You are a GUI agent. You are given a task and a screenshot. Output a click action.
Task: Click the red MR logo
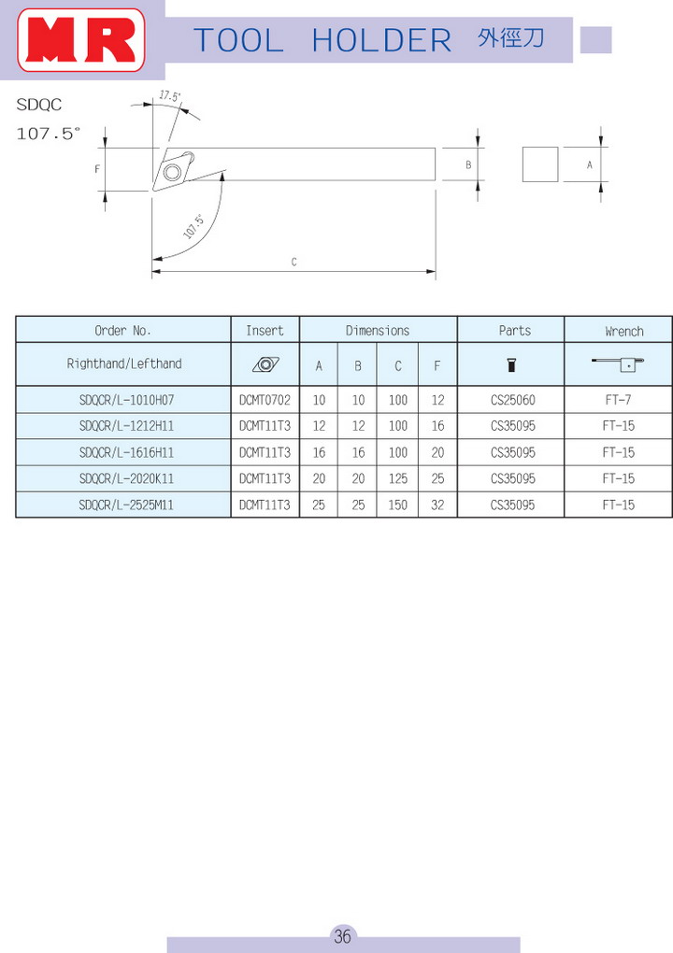pos(81,40)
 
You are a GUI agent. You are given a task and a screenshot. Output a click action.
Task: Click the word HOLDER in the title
pos(381,41)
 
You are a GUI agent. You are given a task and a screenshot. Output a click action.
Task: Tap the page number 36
pos(342,935)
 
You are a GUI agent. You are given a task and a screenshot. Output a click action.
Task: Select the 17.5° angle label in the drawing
pos(169,96)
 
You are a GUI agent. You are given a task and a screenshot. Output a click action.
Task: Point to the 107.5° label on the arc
pos(193,226)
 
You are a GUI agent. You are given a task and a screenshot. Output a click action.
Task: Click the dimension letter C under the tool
pos(294,262)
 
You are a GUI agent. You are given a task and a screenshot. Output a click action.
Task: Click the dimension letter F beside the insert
pos(97,169)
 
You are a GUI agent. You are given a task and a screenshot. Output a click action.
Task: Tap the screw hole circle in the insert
pos(172,173)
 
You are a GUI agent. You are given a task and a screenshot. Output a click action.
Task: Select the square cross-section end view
pos(540,164)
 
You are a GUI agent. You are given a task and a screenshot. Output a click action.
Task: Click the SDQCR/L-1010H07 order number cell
pos(126,400)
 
